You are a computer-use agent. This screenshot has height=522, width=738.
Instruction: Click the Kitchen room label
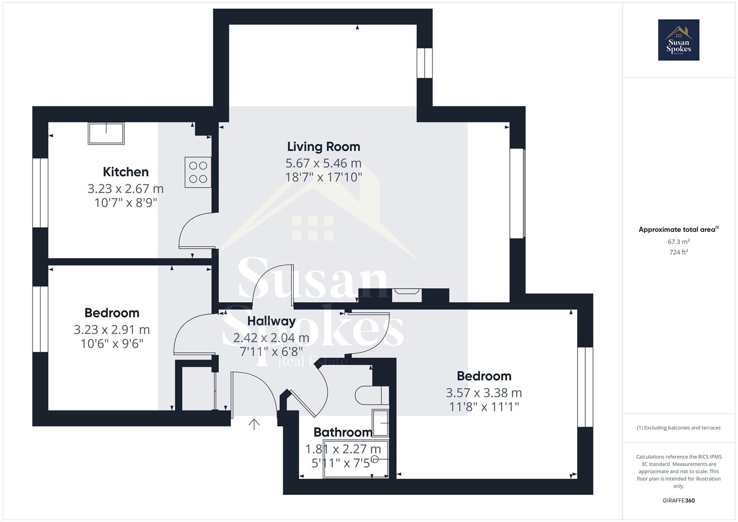click(x=126, y=172)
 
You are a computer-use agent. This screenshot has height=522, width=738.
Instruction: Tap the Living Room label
click(x=323, y=146)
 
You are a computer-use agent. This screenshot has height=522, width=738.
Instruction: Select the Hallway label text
click(x=271, y=321)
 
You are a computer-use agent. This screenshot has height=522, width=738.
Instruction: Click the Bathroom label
click(x=343, y=432)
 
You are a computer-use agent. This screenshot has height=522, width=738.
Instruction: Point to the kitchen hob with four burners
click(x=198, y=172)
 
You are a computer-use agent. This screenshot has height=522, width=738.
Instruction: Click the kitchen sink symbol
click(x=106, y=133)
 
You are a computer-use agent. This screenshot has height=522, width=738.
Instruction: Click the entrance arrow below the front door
click(x=254, y=424)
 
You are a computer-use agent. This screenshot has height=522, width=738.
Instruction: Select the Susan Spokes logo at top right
click(x=678, y=40)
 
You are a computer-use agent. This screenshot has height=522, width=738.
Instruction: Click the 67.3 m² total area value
click(x=678, y=242)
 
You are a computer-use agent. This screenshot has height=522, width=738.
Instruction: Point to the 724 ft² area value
click(x=678, y=252)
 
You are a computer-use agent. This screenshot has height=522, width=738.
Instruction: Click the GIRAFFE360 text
click(x=678, y=500)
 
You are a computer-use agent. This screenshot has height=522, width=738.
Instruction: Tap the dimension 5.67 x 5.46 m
click(x=323, y=163)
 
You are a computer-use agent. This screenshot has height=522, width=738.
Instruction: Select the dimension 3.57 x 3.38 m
click(x=484, y=393)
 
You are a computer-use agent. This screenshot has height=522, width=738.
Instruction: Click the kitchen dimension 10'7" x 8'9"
click(x=126, y=203)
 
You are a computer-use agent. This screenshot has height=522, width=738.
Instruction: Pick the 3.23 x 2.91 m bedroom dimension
click(x=112, y=330)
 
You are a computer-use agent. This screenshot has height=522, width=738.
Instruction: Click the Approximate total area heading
click(x=678, y=230)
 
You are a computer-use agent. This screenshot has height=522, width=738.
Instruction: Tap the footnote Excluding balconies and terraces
click(x=678, y=428)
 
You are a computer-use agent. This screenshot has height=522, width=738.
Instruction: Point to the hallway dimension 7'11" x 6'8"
click(x=271, y=351)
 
